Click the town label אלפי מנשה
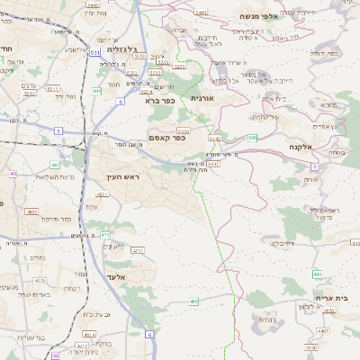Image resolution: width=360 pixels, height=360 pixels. point(257,16)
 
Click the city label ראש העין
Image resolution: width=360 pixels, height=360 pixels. point(124,177)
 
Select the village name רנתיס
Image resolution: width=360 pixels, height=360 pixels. point(266,319)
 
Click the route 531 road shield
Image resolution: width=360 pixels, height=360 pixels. point(94,53)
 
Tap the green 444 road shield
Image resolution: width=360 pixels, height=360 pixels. point(97,91)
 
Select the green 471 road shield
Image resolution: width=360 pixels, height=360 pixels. point(106,235)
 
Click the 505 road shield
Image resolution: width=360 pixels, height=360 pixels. point(253,137)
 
